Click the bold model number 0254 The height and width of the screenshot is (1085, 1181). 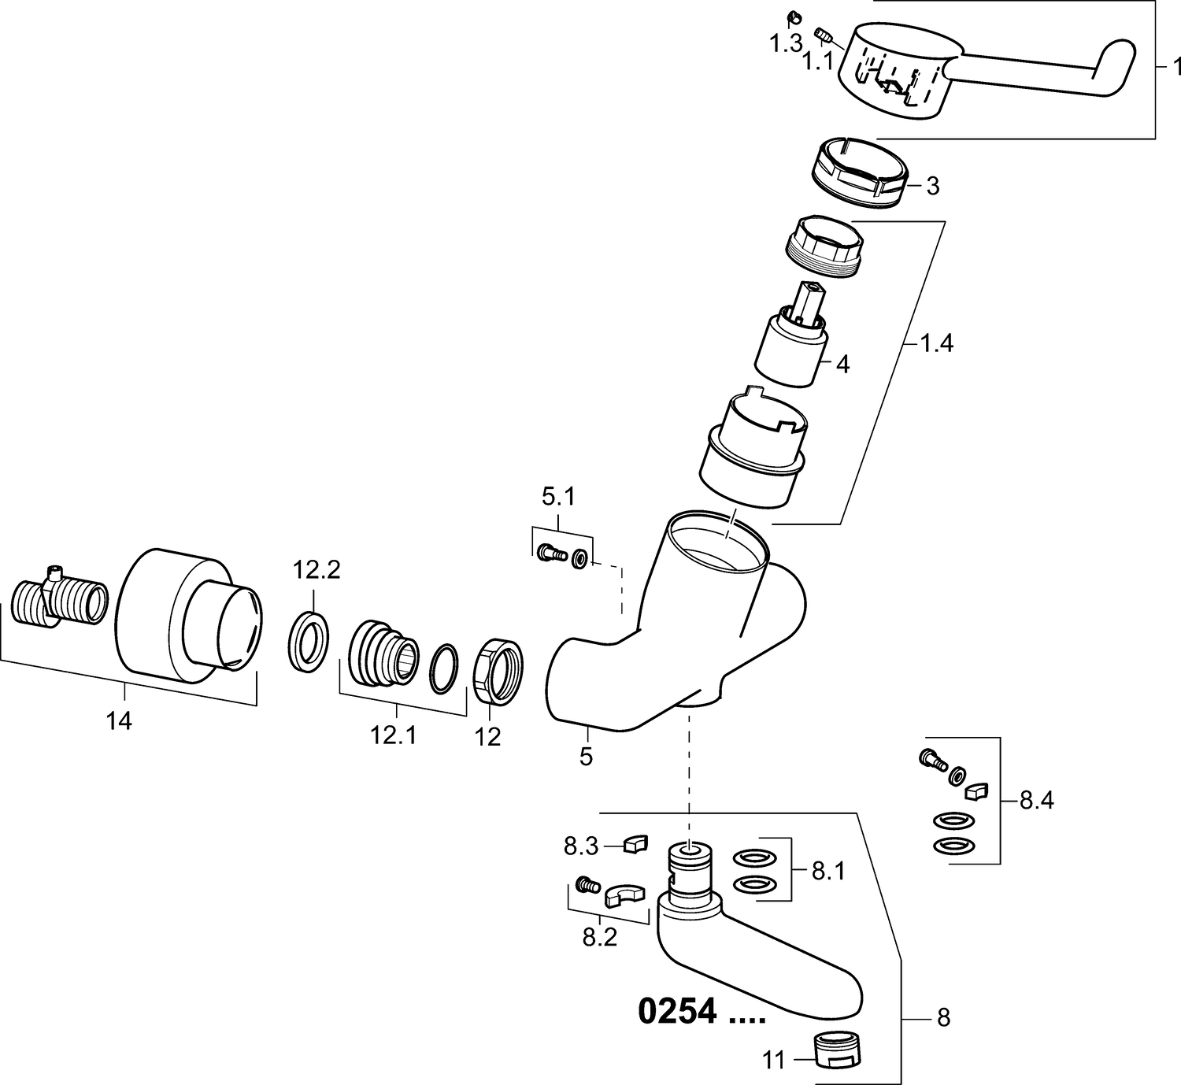coord(677,1012)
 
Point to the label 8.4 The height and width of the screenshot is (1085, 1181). coord(1036,801)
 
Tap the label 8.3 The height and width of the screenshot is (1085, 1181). coord(581,847)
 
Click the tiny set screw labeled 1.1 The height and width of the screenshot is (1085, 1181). coord(823,35)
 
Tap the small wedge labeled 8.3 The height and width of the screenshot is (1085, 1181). coord(635,843)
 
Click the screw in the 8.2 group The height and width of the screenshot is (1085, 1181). coord(586,885)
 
